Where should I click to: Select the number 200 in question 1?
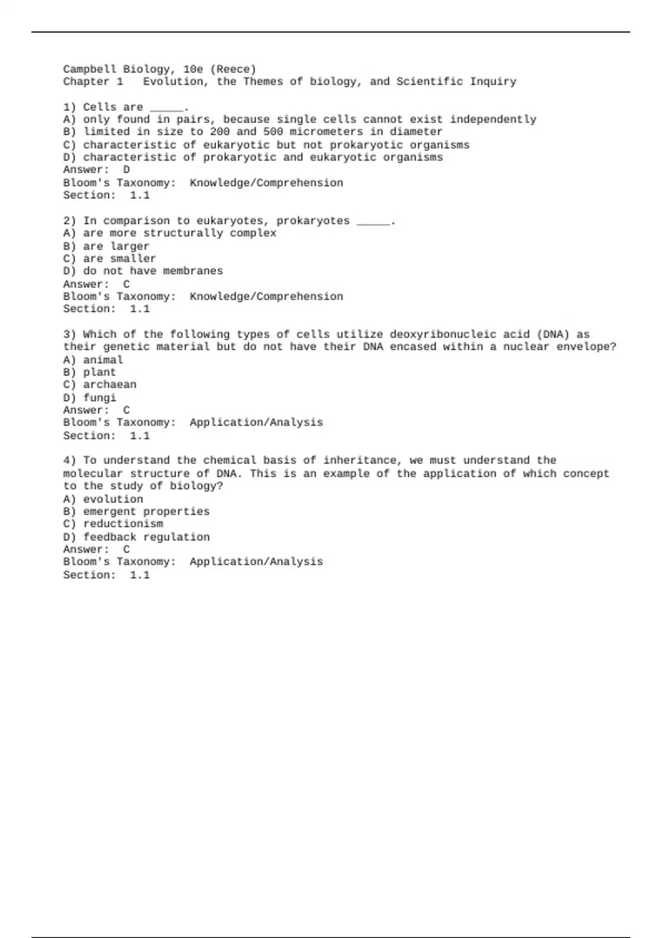(220, 132)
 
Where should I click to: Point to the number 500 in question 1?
(273, 132)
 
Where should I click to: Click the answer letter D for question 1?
(126, 170)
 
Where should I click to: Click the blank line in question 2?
(373, 222)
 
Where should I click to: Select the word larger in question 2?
(130, 246)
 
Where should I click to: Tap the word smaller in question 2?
(133, 259)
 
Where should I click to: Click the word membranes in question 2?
(193, 271)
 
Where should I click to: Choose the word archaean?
(109, 385)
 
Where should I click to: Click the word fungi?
(99, 398)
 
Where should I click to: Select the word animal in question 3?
(103, 360)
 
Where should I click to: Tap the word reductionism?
(123, 524)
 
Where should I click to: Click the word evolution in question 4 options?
(113, 499)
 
